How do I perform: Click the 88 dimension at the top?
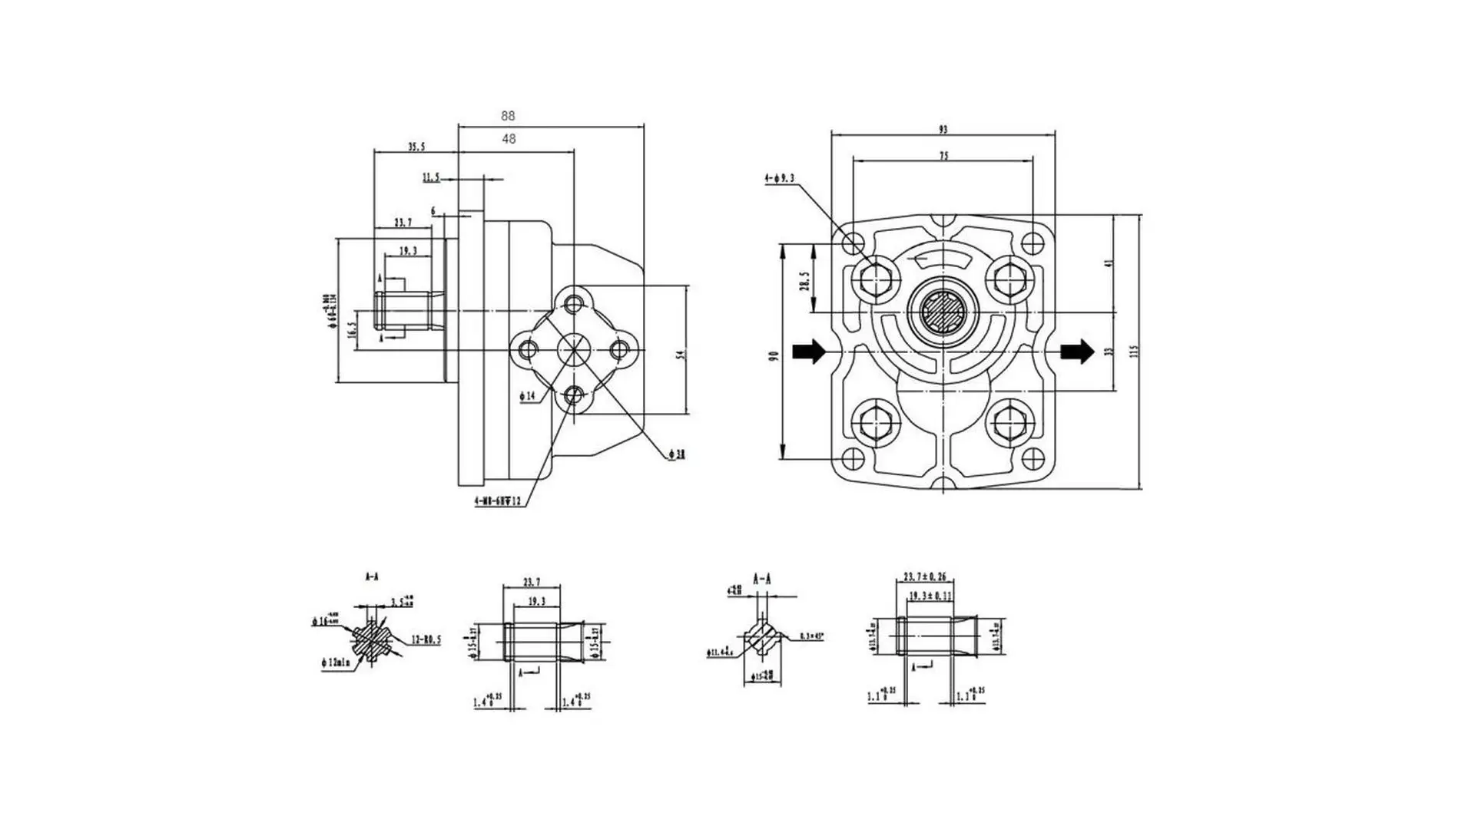click(508, 116)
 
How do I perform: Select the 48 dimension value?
click(509, 139)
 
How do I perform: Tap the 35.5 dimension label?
click(416, 147)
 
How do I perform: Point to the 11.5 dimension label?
click(431, 178)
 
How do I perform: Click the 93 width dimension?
click(943, 130)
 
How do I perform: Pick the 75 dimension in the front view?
click(943, 156)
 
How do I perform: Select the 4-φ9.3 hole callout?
click(779, 179)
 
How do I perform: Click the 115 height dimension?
click(1133, 351)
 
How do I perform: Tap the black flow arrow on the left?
click(809, 352)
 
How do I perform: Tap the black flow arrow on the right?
click(1077, 352)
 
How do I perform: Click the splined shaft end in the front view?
click(943, 312)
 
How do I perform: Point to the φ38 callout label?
click(677, 455)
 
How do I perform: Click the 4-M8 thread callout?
click(498, 501)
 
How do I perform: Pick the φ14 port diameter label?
click(527, 396)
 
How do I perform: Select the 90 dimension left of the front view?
click(774, 355)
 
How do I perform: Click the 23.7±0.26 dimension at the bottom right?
click(924, 576)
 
